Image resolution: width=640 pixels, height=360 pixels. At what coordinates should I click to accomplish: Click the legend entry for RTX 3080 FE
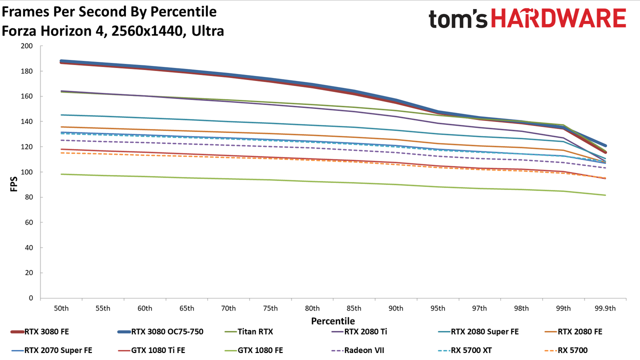click(40, 331)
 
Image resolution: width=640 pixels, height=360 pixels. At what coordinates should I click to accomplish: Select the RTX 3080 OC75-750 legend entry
click(160, 331)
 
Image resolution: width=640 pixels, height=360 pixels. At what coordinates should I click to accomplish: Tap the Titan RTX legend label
click(255, 331)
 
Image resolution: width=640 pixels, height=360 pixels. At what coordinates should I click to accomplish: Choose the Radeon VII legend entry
click(358, 350)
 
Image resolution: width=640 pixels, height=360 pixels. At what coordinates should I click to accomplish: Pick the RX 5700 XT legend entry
click(465, 350)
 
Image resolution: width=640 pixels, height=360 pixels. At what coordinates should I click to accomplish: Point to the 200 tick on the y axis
click(26, 45)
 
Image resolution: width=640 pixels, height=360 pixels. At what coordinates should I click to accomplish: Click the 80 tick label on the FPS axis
click(29, 197)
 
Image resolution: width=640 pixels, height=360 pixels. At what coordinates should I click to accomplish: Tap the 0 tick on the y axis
click(31, 298)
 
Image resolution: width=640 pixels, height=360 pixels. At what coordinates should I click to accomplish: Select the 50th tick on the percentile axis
click(61, 308)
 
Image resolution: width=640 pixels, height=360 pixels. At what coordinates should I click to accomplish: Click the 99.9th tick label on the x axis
click(605, 308)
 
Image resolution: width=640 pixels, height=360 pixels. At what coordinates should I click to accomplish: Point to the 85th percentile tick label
click(354, 308)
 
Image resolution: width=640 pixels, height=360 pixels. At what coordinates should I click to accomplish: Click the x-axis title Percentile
click(333, 321)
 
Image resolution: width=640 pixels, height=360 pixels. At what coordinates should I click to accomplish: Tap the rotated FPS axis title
click(13, 184)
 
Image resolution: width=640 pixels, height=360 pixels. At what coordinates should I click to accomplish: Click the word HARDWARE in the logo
click(558, 18)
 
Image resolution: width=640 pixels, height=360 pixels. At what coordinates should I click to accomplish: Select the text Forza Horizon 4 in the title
click(54, 31)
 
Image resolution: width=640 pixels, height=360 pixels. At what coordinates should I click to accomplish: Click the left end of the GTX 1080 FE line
click(61, 174)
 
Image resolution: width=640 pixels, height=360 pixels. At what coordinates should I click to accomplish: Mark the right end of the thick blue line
click(605, 145)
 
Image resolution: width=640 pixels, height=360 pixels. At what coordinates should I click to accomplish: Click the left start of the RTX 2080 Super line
click(61, 115)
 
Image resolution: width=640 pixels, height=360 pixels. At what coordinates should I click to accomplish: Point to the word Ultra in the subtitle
click(207, 31)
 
